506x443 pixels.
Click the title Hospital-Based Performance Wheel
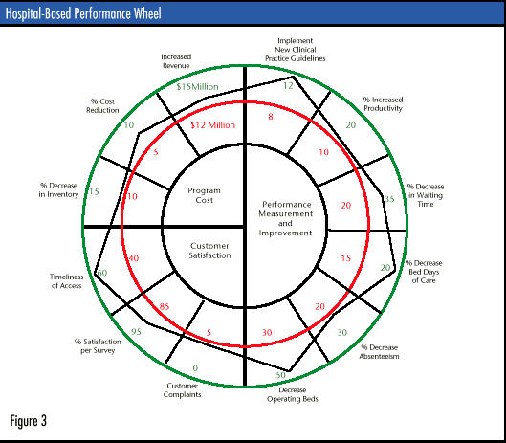click(x=83, y=13)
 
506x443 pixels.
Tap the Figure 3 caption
click(x=29, y=421)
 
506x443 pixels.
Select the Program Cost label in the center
click(x=205, y=195)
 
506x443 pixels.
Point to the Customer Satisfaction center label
click(x=209, y=251)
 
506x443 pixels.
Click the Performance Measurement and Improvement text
click(x=286, y=218)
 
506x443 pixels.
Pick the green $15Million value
click(x=197, y=86)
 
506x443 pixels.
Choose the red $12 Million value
click(x=213, y=125)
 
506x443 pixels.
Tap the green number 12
click(x=288, y=85)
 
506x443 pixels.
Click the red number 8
click(x=271, y=117)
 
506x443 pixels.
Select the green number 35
click(x=389, y=199)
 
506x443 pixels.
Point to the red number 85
click(x=165, y=306)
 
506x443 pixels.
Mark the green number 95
click(x=136, y=332)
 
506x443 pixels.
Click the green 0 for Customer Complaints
click(x=195, y=368)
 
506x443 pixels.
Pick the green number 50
click(x=281, y=375)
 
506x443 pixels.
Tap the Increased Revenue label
click(x=176, y=61)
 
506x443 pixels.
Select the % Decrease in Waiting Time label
click(x=426, y=195)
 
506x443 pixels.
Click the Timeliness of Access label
click(x=66, y=281)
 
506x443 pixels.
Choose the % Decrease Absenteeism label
click(x=379, y=351)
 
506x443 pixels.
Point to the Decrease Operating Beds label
click(x=293, y=394)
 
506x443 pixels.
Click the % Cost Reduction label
click(x=102, y=105)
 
